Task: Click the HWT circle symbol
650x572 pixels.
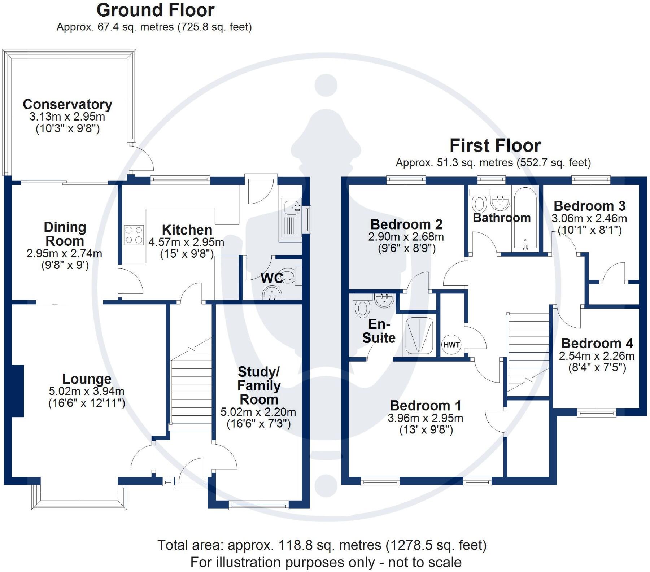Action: (x=451, y=345)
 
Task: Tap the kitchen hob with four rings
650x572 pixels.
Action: (x=134, y=235)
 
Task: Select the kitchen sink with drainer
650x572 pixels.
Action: (x=292, y=220)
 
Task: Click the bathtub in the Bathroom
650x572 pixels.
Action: (x=525, y=218)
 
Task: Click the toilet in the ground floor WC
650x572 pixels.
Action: (x=289, y=276)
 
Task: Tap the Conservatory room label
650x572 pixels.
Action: (x=67, y=104)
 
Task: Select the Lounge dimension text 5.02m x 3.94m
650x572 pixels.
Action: (x=87, y=391)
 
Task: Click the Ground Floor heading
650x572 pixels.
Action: (x=155, y=10)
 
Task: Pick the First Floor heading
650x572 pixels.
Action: (x=495, y=146)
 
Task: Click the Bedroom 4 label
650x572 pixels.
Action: (x=597, y=343)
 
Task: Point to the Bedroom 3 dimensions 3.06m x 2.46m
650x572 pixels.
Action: (x=589, y=218)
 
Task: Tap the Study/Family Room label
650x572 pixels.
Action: (x=259, y=385)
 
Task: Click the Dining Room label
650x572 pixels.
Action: (x=65, y=234)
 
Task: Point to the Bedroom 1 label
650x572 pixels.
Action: (x=426, y=406)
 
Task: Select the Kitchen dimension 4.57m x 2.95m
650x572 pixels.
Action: (x=186, y=242)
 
